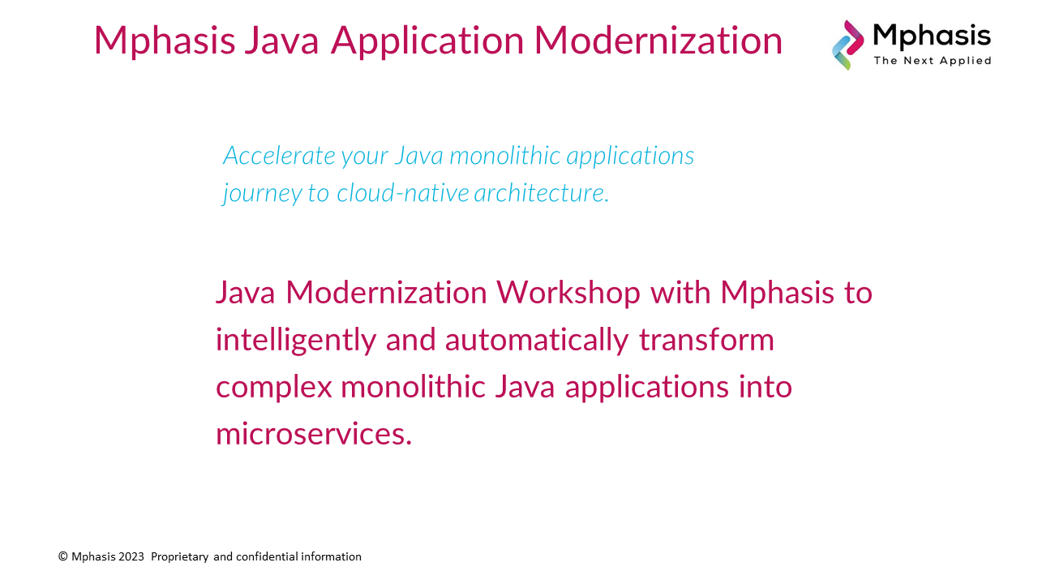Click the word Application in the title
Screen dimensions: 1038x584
[427, 41]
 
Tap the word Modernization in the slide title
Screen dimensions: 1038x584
[658, 41]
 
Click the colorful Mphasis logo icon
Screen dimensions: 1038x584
[847, 45]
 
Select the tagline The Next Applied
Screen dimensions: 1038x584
[933, 61]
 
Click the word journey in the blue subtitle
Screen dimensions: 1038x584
[262, 194]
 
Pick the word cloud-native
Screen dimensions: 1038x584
[403, 193]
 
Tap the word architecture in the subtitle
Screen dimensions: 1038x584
[541, 193]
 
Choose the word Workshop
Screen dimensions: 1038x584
[568, 294]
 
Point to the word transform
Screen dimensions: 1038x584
[706, 340]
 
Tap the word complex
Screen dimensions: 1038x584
[274, 388]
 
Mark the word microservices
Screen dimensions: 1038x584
[314, 434]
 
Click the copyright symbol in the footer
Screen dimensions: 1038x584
[63, 556]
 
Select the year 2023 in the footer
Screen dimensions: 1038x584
[131, 556]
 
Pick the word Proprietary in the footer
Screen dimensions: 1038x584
[180, 557]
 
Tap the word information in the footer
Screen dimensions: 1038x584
[332, 556]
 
